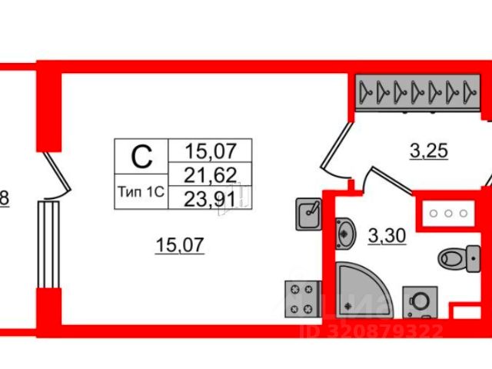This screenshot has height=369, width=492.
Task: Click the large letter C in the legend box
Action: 140,157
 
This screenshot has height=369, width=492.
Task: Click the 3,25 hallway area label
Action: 427,152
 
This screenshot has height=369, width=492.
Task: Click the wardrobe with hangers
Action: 418,93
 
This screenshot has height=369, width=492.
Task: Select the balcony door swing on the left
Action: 58,174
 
